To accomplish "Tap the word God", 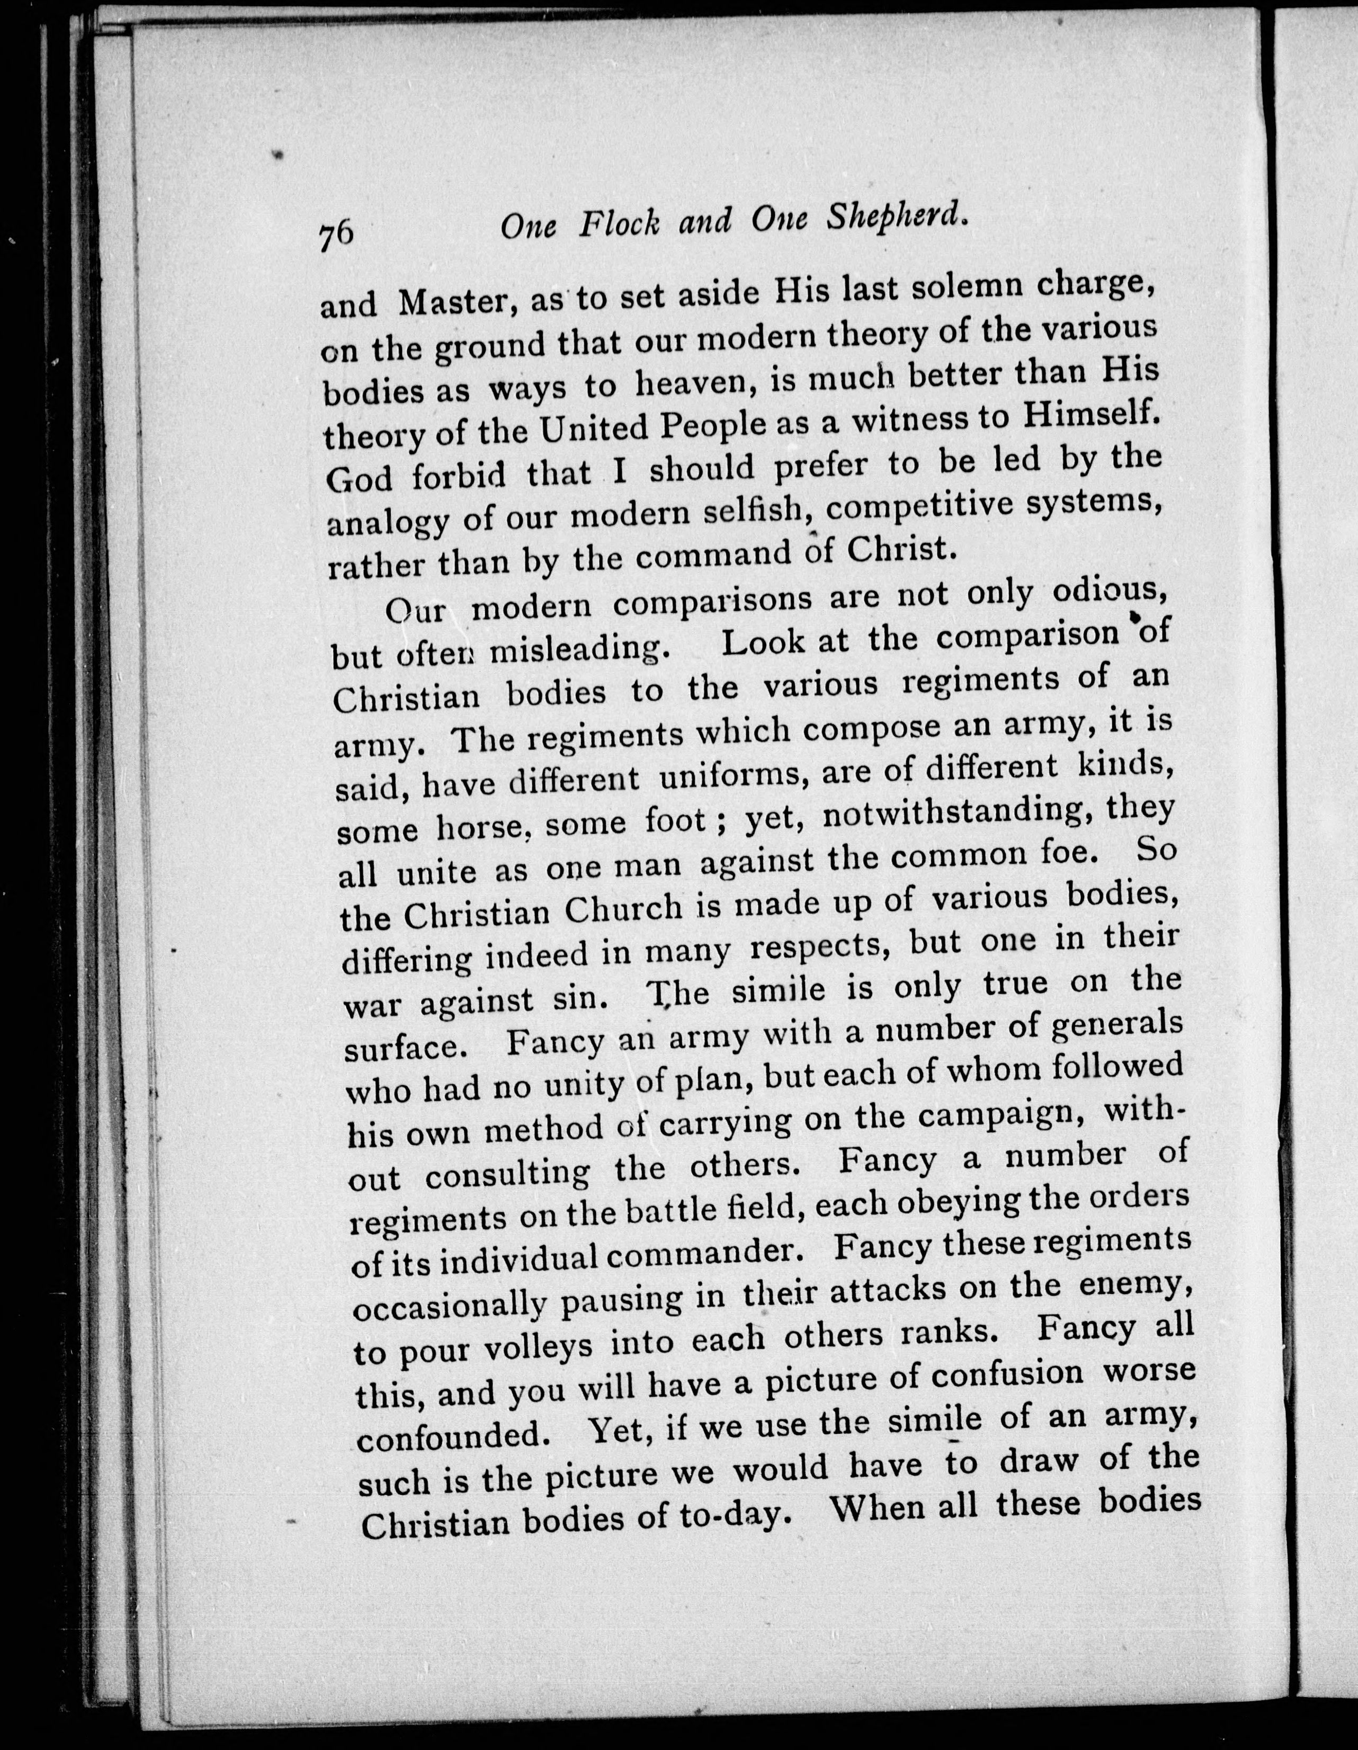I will pos(359,478).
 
